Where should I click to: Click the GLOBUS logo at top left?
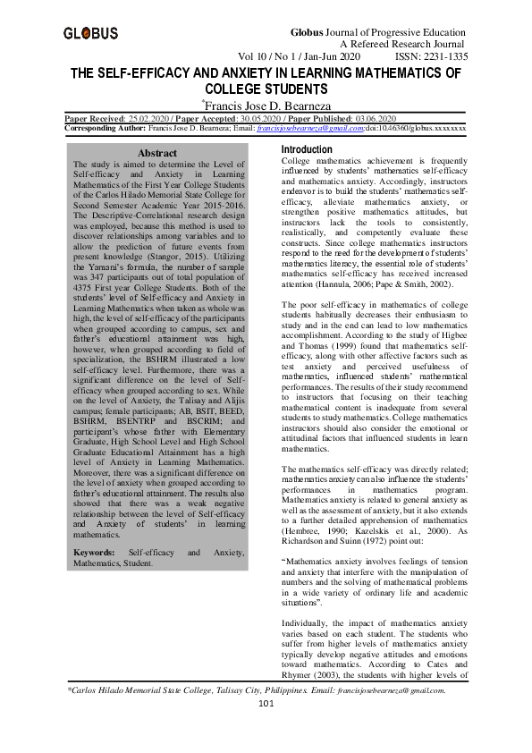click(90, 34)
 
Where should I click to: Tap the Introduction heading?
click(307, 149)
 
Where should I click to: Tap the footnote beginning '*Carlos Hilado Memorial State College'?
click(257, 715)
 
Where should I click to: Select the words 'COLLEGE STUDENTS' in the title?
click(265, 90)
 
